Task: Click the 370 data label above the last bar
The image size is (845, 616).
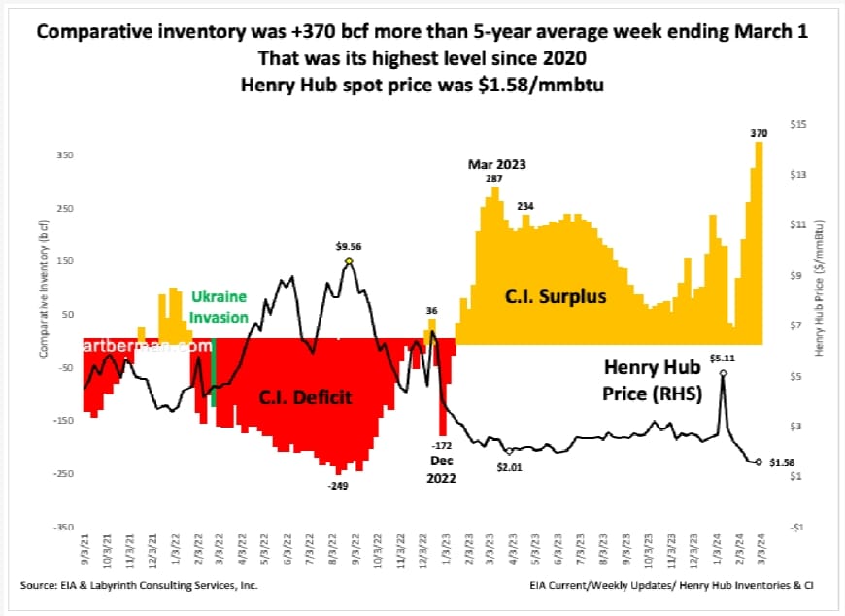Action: tap(757, 133)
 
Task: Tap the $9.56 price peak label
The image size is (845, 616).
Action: tap(347, 248)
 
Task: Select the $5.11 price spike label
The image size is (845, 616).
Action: tap(724, 359)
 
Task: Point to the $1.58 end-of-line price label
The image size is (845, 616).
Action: tap(783, 462)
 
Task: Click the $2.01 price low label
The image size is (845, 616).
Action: tap(510, 466)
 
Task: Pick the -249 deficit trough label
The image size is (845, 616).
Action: tap(338, 484)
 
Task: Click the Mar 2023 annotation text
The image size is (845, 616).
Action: tap(496, 165)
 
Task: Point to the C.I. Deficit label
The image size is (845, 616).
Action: tap(304, 397)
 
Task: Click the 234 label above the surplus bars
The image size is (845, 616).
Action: tap(525, 206)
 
